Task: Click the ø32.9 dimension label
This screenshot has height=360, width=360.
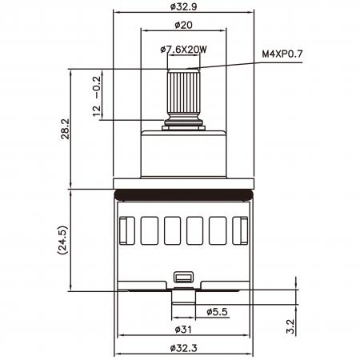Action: pos(184,6)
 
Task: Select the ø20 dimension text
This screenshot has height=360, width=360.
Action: pos(183,25)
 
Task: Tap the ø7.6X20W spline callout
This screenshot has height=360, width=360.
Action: pos(184,50)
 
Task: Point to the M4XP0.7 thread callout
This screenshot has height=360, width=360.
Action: pos(282,54)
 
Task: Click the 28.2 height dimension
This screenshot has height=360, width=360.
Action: pos(65,129)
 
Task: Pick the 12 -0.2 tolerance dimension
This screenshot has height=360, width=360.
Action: pos(97,97)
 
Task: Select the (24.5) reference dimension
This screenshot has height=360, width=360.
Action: pos(63,240)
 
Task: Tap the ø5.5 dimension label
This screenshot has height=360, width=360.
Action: pos(217,312)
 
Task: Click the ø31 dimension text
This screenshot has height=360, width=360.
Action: pos(183,330)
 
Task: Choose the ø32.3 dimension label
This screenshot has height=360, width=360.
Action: pos(184,348)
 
